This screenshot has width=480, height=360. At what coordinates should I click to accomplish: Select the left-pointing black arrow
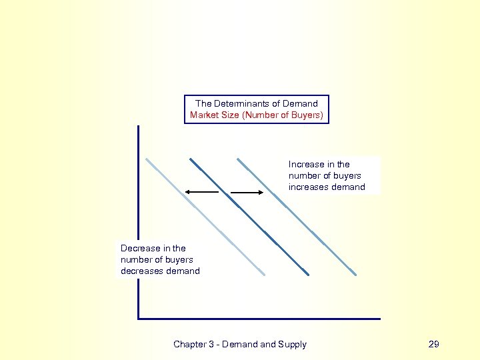(x=201, y=192)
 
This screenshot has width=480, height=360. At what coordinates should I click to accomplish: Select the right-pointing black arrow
(x=247, y=193)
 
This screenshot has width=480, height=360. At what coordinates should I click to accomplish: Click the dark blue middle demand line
(x=249, y=217)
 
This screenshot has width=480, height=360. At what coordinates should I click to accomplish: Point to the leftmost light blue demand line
(x=205, y=217)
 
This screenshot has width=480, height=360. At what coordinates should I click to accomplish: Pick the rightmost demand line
(x=297, y=217)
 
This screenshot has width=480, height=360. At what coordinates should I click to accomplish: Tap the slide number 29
(x=434, y=344)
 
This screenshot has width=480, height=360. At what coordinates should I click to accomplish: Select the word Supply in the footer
(x=293, y=344)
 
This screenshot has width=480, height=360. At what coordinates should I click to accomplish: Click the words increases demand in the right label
(x=327, y=187)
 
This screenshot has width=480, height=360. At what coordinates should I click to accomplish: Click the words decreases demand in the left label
(x=160, y=271)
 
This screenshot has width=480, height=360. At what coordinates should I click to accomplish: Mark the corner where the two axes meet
(x=139, y=319)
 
